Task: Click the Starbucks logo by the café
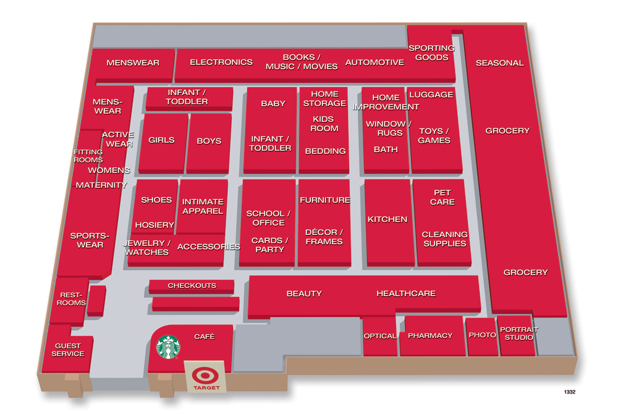(x=167, y=347)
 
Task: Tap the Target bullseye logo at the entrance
(x=201, y=376)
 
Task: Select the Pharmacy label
(x=430, y=336)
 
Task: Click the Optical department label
(x=379, y=336)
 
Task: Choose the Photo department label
(x=482, y=334)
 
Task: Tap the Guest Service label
(x=68, y=350)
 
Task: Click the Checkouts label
(x=192, y=285)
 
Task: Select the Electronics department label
(x=221, y=62)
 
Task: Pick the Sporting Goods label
(x=431, y=53)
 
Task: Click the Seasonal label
(x=499, y=62)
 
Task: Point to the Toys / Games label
(x=434, y=135)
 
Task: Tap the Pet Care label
(x=442, y=197)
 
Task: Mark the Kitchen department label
(x=387, y=219)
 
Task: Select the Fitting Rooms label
(x=88, y=156)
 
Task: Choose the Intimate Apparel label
(x=203, y=206)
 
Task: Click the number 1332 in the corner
(x=569, y=392)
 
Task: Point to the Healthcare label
(x=406, y=294)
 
